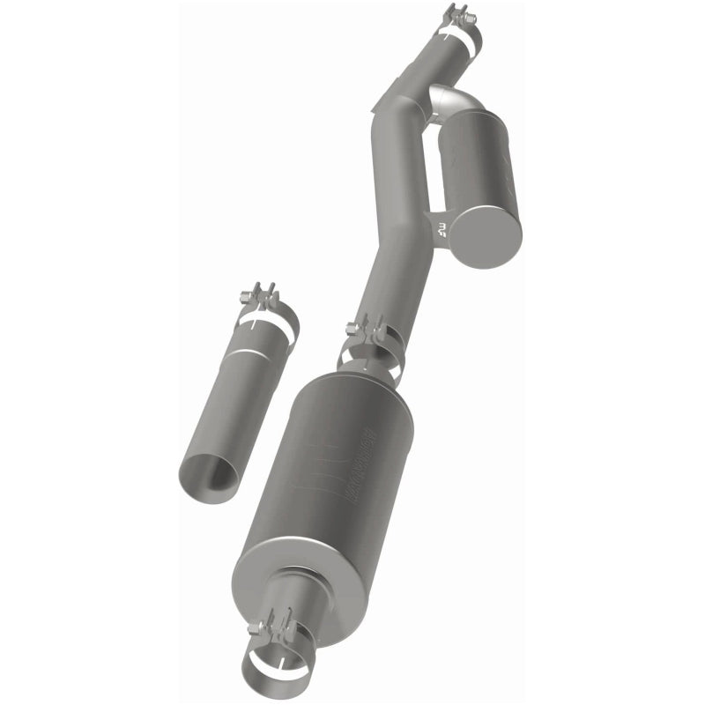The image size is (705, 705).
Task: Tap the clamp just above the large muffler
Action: pyautogui.click(x=370, y=352)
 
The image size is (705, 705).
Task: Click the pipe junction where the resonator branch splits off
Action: pyautogui.click(x=397, y=106)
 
